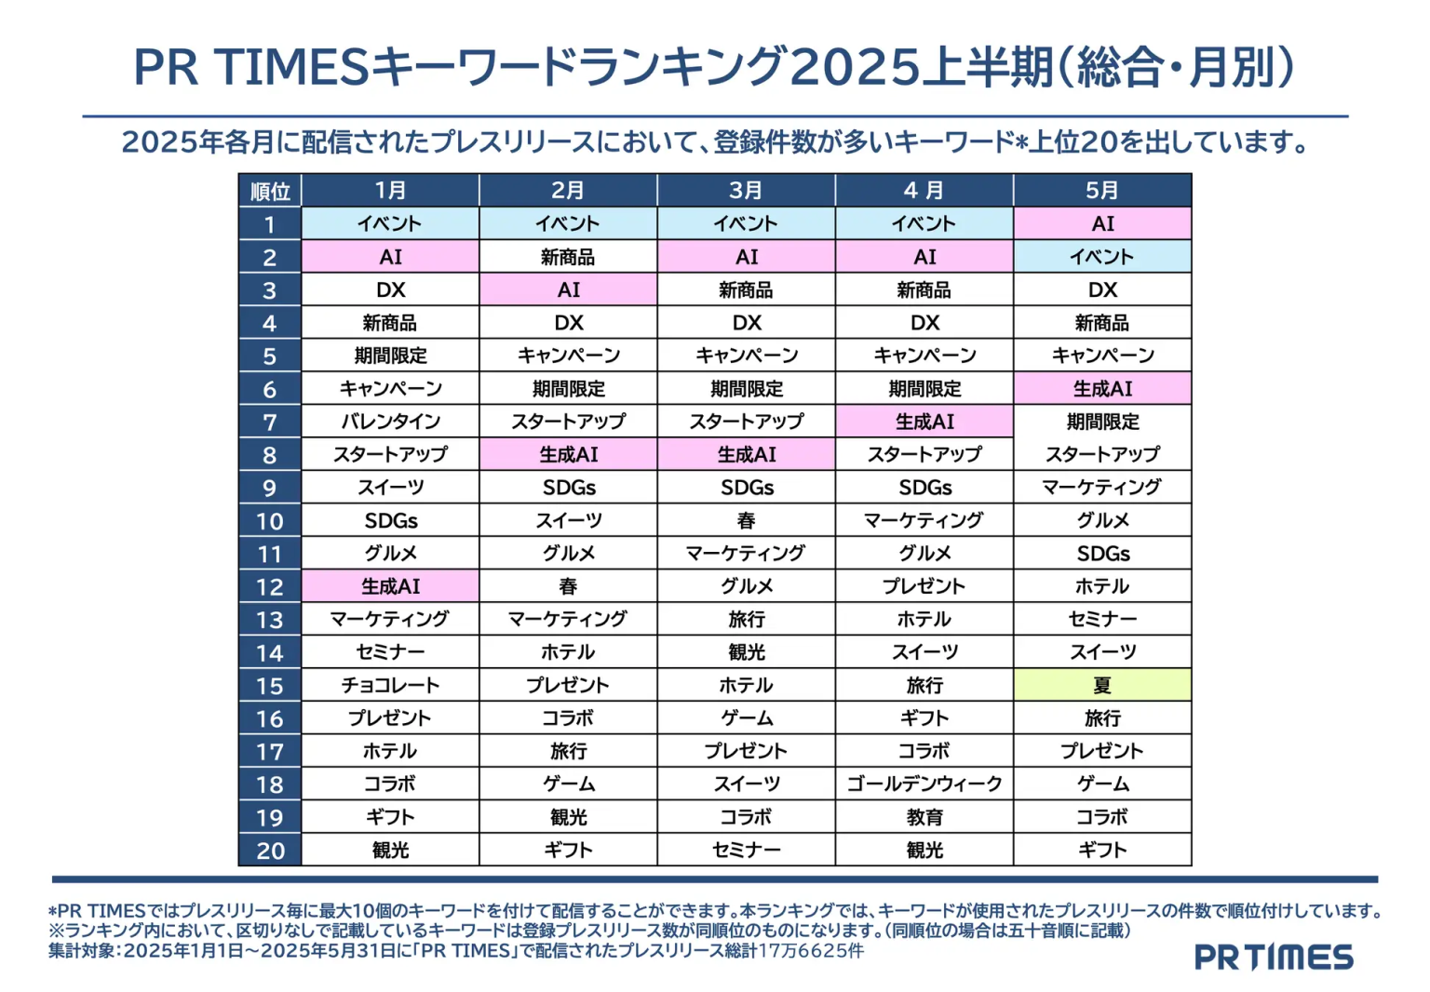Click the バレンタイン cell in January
pos(390,422)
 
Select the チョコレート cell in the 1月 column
pos(390,686)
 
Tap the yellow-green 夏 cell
pos(1102,686)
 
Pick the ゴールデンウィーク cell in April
pos(924,784)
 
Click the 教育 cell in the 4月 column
pos(924,817)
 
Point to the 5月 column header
pos(1102,191)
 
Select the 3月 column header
pos(746,191)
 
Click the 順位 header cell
pos(270,192)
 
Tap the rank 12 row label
pos(270,587)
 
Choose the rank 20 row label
pos(270,851)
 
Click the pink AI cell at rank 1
pos(1102,224)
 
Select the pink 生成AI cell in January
pos(390,587)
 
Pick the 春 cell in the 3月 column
pos(746,521)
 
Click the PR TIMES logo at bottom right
pos(1274,957)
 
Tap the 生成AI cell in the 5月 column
pos(1102,389)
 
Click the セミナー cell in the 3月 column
pos(746,851)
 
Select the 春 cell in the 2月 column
pos(568,587)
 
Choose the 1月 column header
pos(390,191)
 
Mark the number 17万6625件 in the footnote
pos(812,951)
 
